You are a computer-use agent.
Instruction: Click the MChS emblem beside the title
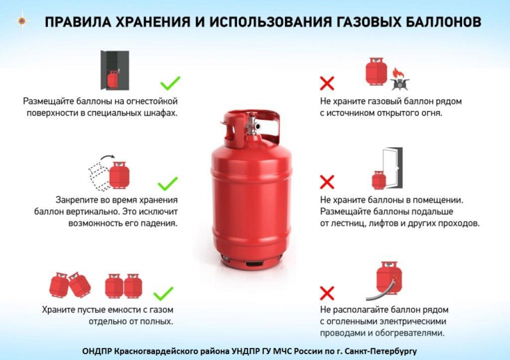click(x=22, y=21)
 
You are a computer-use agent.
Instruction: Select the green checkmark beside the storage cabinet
click(x=170, y=83)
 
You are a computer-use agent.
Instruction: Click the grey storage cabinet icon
click(x=115, y=70)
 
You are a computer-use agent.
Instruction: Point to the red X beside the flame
click(x=327, y=83)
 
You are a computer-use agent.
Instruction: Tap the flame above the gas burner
click(x=397, y=73)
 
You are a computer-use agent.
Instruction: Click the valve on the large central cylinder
click(x=252, y=124)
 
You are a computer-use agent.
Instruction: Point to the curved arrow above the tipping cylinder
click(x=107, y=159)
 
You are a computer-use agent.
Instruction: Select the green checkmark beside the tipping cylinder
click(x=168, y=184)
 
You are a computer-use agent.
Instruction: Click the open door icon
click(x=392, y=168)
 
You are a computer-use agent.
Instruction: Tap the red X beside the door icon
click(x=327, y=182)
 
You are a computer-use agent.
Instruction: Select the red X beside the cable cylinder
click(x=327, y=293)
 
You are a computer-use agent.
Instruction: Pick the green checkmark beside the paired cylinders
click(x=163, y=293)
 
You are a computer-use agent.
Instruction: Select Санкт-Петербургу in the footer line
click(x=381, y=352)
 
